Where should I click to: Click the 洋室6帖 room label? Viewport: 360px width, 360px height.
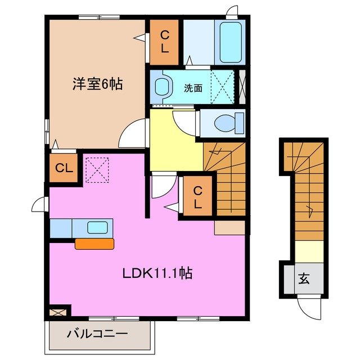97,84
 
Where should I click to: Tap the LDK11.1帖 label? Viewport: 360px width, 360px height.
158,274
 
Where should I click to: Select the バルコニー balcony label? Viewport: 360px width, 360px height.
97,334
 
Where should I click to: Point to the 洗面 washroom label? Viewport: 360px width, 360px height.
193,88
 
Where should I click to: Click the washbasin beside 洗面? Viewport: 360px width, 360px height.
163,87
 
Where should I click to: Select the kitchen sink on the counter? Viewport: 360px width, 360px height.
97,228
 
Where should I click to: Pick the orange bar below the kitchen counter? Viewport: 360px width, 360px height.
94,243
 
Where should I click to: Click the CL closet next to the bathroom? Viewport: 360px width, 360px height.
164,42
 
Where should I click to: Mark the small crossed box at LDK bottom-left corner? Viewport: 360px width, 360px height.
58,310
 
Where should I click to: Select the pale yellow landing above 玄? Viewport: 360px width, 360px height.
308,251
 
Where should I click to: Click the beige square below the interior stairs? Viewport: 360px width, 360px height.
229,227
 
